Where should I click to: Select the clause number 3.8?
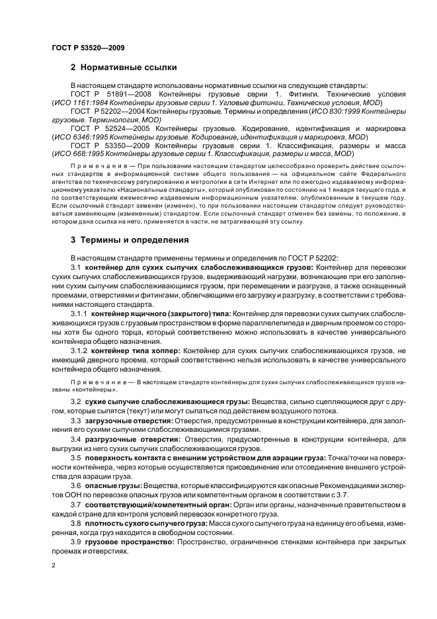[x=75, y=523]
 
